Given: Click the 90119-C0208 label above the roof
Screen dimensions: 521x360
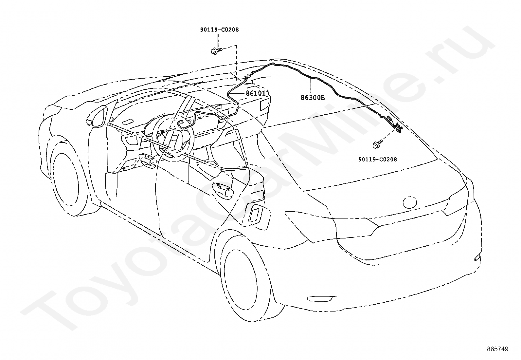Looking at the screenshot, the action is [219, 30].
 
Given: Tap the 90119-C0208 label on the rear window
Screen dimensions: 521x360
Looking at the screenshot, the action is [377, 160].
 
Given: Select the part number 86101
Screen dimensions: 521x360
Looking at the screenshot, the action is [256, 93].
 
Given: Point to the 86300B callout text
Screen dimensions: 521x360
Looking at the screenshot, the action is [313, 98].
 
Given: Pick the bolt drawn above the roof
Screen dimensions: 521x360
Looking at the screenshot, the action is [216, 50].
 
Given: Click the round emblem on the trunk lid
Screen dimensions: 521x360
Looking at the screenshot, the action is [410, 202].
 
